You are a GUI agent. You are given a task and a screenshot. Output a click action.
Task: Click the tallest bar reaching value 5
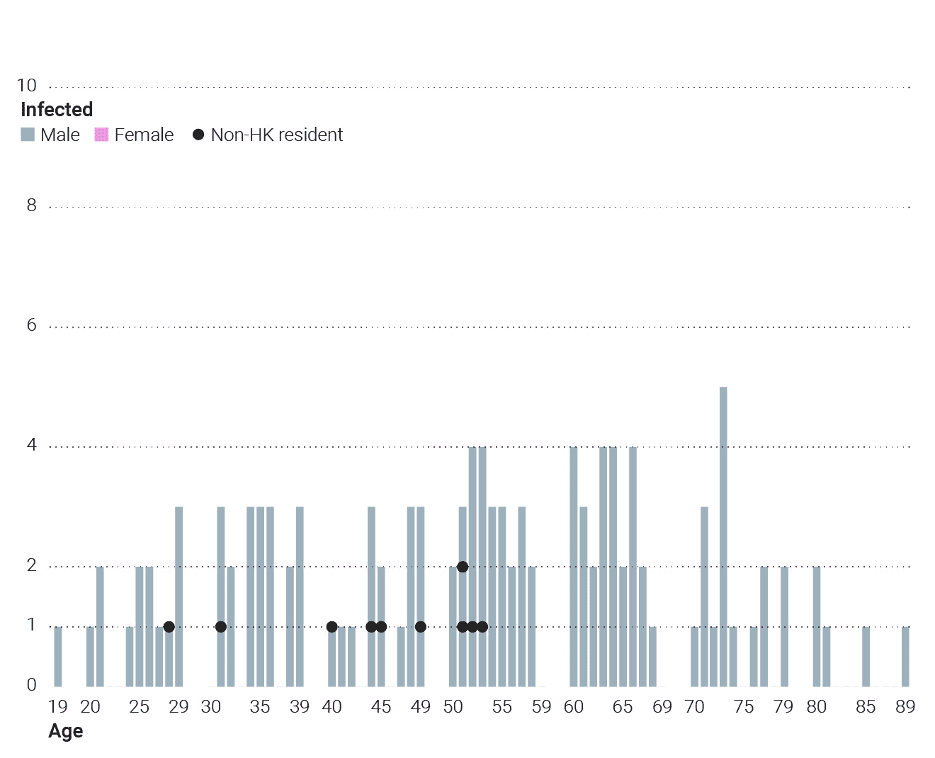tap(723, 536)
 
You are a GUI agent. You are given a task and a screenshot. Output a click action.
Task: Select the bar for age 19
tap(58, 657)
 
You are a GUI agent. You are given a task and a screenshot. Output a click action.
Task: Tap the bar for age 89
tap(905, 657)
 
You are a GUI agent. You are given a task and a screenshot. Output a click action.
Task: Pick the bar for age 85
tap(866, 657)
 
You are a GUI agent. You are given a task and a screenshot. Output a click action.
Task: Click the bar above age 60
tap(573, 567)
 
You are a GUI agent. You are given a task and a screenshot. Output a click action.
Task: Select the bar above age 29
tap(178, 596)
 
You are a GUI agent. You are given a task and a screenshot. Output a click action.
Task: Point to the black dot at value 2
tap(463, 567)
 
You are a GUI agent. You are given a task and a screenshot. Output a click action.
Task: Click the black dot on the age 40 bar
tap(332, 627)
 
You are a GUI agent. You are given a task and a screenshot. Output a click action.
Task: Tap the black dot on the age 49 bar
tap(421, 627)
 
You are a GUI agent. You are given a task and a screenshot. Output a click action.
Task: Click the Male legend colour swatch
tap(28, 135)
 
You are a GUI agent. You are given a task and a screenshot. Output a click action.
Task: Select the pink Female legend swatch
tap(101, 135)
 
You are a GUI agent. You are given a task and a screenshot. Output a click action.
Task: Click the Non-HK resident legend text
tap(276, 135)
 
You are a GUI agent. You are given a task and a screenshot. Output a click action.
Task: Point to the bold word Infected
tap(57, 109)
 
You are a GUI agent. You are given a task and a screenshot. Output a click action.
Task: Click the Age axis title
tap(65, 731)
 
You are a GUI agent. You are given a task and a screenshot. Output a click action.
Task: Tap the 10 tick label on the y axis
tap(26, 85)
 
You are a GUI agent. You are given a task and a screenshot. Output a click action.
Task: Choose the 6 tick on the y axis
tap(31, 324)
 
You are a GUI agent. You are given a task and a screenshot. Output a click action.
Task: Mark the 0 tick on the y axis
tap(31, 684)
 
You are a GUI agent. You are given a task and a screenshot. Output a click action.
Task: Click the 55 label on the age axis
tap(501, 707)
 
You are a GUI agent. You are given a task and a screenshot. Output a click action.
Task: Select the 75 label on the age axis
tap(743, 707)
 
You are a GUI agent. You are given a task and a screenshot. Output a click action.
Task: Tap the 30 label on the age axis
tap(210, 707)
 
